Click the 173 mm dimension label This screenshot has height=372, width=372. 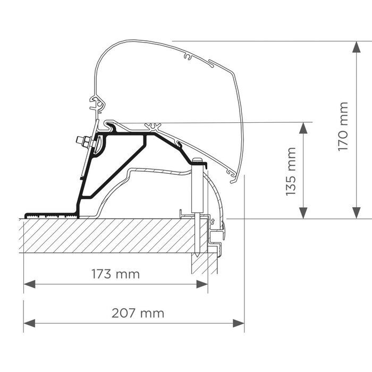115,274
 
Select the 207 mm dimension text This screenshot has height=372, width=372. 138,313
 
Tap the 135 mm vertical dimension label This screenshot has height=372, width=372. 291,171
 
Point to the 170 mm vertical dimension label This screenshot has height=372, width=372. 343,126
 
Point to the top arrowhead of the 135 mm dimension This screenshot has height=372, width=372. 303,128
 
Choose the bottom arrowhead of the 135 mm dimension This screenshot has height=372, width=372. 303,213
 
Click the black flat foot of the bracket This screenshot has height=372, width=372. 50,216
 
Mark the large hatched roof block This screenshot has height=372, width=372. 106,235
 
